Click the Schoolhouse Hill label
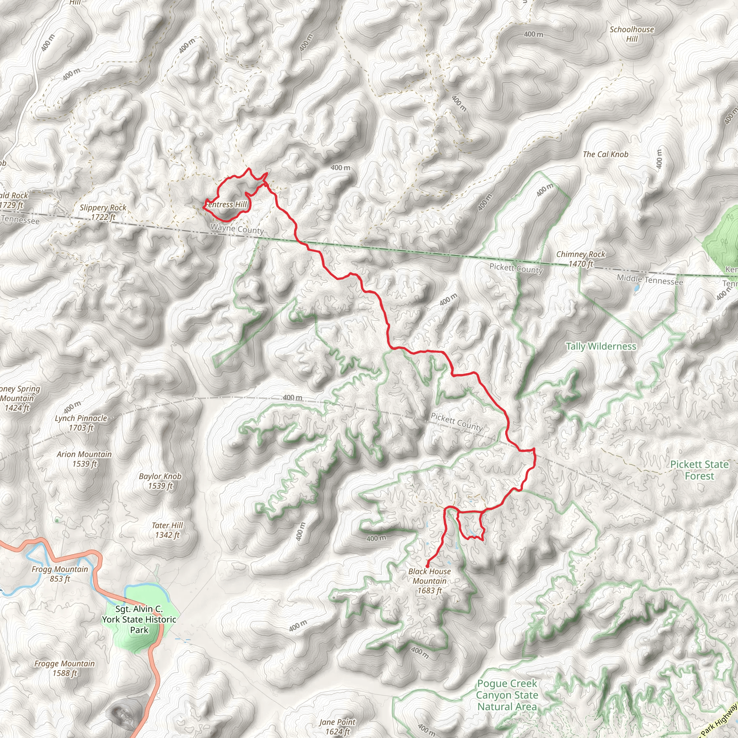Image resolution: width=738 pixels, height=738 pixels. click(x=631, y=34)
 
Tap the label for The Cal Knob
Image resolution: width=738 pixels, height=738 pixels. click(x=605, y=154)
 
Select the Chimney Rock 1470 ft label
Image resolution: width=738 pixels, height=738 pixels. click(x=581, y=259)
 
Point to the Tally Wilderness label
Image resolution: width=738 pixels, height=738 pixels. click(x=601, y=346)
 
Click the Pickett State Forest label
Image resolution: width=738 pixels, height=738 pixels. click(x=699, y=470)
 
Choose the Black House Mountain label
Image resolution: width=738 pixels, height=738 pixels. click(x=429, y=581)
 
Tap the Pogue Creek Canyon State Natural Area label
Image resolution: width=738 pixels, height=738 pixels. click(x=507, y=695)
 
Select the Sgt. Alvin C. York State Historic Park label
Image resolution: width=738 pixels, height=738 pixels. click(x=139, y=619)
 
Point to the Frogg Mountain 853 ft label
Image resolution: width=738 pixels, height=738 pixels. click(x=59, y=574)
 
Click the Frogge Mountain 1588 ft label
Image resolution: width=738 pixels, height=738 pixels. click(x=65, y=668)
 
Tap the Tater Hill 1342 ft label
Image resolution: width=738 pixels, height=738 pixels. click(x=167, y=530)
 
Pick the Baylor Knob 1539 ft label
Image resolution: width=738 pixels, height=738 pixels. click(x=160, y=481)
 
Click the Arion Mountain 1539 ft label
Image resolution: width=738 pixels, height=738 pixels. click(x=84, y=459)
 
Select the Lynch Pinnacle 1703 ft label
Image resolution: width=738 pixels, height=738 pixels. click(x=81, y=423)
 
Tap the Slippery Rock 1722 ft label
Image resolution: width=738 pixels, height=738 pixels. click(x=103, y=212)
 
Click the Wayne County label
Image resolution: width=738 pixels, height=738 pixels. click(x=237, y=229)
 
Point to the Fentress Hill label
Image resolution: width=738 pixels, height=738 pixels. click(x=226, y=205)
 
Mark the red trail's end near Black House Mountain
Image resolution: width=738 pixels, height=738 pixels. click(x=427, y=566)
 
